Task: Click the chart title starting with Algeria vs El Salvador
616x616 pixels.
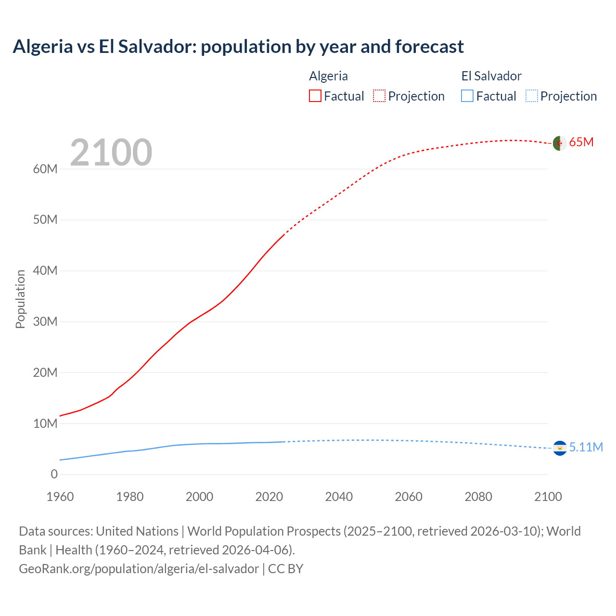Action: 238,47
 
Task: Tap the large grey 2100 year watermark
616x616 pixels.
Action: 111,153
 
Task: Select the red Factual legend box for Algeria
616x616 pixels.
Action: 315,96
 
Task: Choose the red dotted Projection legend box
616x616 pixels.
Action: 379,96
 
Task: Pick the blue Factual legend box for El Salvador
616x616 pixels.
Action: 467,96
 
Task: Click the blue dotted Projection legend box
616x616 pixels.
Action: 532,96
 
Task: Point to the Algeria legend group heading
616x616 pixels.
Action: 328,76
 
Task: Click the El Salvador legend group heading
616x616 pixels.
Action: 491,76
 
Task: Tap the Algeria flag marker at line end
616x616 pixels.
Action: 559,143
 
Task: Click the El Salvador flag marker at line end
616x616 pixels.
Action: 560,448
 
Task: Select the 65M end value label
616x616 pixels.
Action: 581,142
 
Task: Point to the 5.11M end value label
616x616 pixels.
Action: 586,448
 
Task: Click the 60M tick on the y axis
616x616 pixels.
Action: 45,169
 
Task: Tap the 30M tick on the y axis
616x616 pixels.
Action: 45,322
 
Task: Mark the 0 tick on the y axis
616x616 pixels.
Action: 54,475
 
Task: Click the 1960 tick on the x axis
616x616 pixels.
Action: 60,497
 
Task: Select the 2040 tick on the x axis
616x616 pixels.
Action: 339,497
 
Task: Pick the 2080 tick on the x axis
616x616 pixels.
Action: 478,497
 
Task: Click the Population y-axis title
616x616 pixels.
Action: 20,299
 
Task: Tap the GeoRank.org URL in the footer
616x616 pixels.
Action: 139,569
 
